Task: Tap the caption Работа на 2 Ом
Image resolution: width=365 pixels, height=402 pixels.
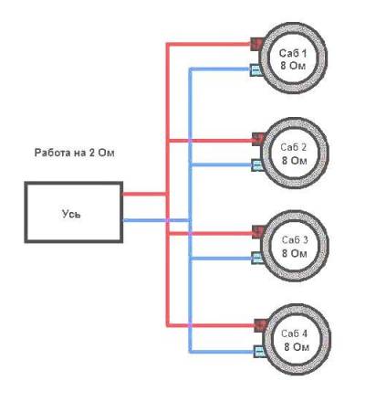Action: coord(75,153)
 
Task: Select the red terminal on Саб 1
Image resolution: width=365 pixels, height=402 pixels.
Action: coord(255,45)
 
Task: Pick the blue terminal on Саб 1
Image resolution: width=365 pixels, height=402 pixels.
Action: coord(255,69)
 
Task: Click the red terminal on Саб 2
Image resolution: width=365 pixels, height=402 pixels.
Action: coord(257,139)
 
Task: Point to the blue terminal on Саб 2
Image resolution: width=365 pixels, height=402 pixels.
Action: coord(257,165)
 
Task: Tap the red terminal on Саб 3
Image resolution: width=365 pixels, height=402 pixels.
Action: coord(258,232)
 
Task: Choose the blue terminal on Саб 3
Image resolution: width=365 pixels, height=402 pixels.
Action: coord(257,258)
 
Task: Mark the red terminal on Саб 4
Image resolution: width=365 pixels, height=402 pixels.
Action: coord(261,325)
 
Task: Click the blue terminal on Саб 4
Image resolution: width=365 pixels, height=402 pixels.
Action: coord(260,351)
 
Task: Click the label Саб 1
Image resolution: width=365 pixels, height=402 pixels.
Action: coord(293,54)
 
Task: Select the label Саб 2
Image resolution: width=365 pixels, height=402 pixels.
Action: coord(294,147)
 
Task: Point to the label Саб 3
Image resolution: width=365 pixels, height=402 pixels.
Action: coord(295,240)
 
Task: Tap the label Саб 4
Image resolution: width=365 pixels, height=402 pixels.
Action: coord(295,333)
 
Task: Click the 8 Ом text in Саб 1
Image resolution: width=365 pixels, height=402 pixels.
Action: coord(293,66)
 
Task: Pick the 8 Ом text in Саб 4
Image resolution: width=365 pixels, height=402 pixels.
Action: coord(297,346)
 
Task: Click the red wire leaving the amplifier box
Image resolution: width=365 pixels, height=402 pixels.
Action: coord(144,194)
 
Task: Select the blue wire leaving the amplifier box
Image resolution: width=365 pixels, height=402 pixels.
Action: coord(156,220)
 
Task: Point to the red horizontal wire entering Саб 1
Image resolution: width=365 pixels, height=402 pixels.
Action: coord(209,45)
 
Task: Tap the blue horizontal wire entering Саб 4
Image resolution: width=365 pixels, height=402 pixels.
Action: coord(222,352)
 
